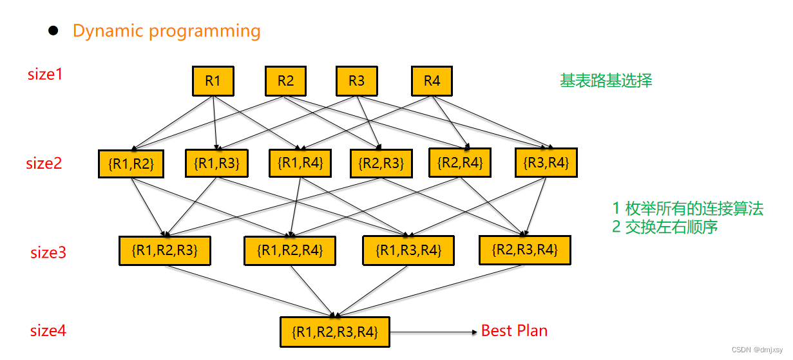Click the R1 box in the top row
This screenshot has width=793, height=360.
(x=213, y=81)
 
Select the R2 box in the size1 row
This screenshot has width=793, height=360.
(x=285, y=81)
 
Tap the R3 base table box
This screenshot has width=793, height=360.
(x=356, y=81)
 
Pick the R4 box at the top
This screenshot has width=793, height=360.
(x=432, y=81)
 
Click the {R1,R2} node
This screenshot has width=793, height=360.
(x=131, y=164)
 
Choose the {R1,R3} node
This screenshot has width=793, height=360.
(x=216, y=163)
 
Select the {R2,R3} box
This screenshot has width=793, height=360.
(x=381, y=164)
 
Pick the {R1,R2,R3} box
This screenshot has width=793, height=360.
(x=165, y=251)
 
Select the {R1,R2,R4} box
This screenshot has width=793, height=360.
(x=289, y=251)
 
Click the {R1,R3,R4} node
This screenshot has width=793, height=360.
(x=408, y=250)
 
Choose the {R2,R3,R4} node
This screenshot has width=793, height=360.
(x=525, y=249)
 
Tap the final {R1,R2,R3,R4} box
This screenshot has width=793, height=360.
(x=335, y=332)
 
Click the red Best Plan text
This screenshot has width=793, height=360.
(x=514, y=331)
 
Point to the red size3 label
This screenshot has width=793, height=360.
(x=48, y=252)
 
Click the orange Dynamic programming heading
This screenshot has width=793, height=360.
(x=166, y=31)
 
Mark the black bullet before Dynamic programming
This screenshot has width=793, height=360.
(x=54, y=30)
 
